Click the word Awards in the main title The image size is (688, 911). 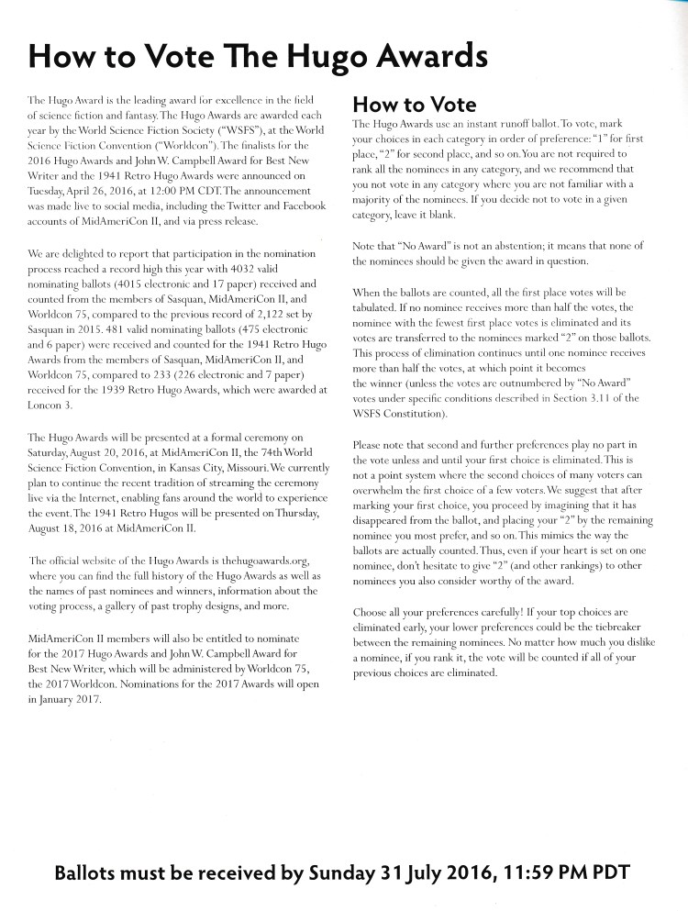coord(421,56)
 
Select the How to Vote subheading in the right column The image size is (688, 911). coord(414,105)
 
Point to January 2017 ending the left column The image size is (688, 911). coord(68,699)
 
